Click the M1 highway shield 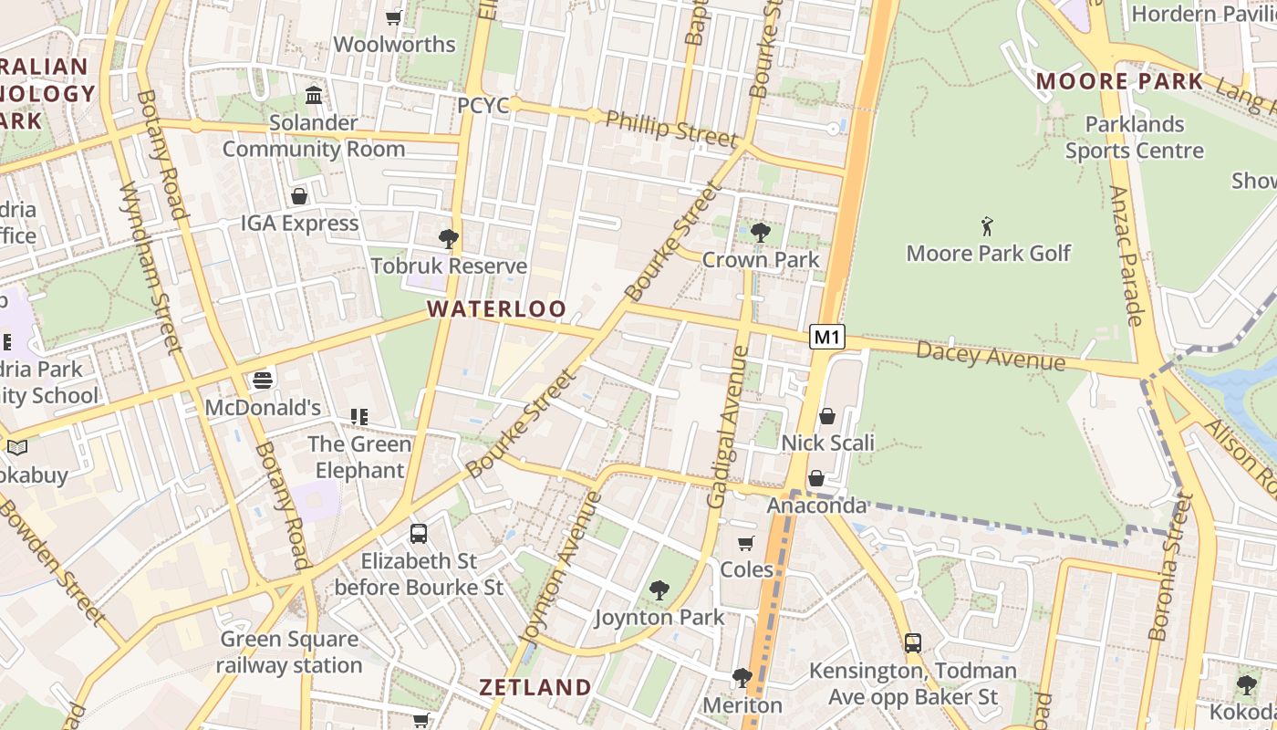tap(826, 337)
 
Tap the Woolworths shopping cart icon tap(394, 17)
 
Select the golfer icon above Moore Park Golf tap(987, 225)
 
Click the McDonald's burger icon tap(263, 380)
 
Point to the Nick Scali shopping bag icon tap(827, 416)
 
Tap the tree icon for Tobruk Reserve tap(448, 239)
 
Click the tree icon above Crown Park tap(760, 233)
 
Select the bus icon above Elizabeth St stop tap(419, 534)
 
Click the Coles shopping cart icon tap(746, 544)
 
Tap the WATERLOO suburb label tap(497, 309)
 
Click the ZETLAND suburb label tap(535, 687)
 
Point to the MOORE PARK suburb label tap(1120, 81)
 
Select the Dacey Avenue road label tap(991, 355)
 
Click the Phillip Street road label tap(671, 129)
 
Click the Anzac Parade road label tap(1127, 255)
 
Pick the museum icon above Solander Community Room tap(315, 95)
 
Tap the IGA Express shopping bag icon tap(299, 196)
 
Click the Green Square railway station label tap(289, 652)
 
